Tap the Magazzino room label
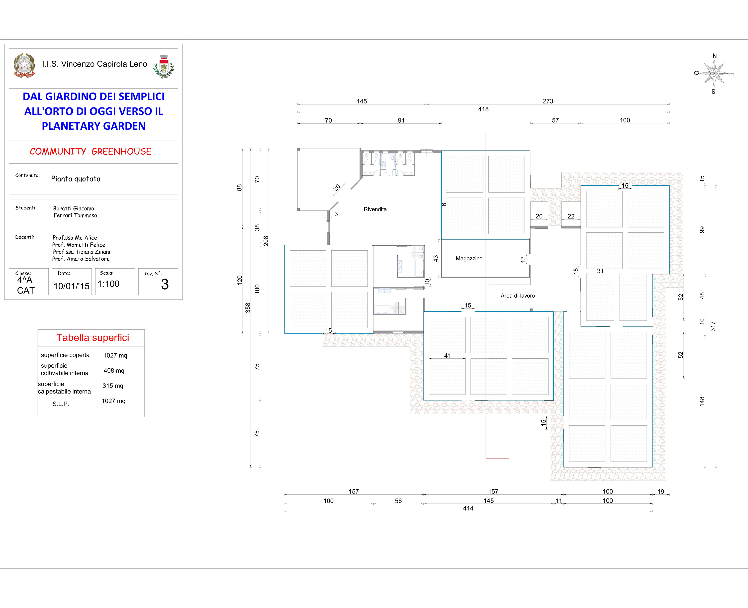469,258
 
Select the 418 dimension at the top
483,109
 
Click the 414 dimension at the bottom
468,508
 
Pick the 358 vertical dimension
248,307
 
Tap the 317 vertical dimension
713,326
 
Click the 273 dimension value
548,101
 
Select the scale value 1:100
108,284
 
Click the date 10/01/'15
72,286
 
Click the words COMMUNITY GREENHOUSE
90,151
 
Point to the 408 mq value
114,371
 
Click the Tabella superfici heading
93,338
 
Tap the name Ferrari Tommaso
75,215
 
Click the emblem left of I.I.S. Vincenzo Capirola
24,66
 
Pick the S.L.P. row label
61,404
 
